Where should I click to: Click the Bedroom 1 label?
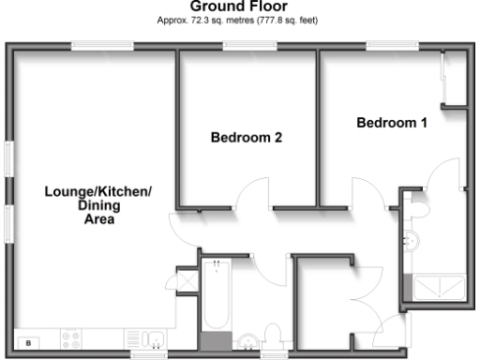point(392,123)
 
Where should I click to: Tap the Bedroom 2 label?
point(247,138)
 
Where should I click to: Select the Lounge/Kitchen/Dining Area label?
point(97,206)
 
